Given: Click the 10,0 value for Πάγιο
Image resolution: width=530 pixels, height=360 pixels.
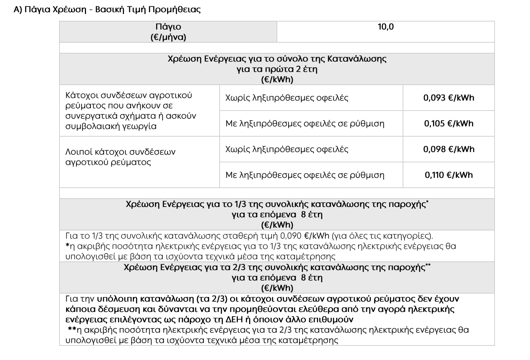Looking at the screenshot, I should tap(385, 27).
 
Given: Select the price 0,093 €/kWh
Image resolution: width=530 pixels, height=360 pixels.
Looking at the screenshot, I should tap(449, 98).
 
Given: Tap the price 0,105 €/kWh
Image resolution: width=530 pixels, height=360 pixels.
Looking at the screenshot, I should tap(449, 123).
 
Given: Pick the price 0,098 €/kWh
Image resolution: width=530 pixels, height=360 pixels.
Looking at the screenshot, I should tap(449, 149).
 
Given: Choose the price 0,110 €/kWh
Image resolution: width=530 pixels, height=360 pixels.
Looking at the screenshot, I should tap(449, 175).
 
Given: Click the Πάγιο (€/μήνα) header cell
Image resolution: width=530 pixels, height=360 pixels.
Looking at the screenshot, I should tap(168, 32).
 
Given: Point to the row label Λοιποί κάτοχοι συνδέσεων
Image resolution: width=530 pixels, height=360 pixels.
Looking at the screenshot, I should tap(120, 152).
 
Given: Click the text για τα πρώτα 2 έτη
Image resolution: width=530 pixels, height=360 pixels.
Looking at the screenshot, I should tap(277, 69).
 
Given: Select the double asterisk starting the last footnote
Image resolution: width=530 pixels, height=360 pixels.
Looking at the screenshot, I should tap(72, 329).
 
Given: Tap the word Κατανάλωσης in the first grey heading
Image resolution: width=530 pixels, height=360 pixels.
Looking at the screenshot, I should tap(357, 59).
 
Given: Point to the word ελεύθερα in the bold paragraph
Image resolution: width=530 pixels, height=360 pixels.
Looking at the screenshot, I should tap(321, 309).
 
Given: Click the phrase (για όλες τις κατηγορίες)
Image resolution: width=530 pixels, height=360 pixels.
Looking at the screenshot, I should tap(382, 236).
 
